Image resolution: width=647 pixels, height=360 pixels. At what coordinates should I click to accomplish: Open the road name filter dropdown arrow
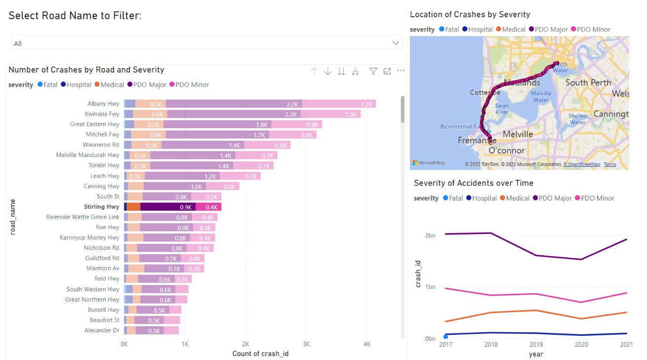coord(395,43)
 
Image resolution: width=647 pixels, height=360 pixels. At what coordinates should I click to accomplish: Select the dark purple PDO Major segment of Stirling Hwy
coord(168,207)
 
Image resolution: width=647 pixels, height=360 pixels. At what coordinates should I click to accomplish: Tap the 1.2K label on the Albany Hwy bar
coord(366,104)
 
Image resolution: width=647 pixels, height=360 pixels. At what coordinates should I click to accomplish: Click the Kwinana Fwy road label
coord(102,114)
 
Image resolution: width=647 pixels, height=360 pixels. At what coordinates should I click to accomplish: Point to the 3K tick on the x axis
coord(306,344)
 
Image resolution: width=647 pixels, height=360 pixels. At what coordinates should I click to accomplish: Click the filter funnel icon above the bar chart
coord(373,72)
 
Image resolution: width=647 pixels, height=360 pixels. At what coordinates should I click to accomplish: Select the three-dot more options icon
coord(401,71)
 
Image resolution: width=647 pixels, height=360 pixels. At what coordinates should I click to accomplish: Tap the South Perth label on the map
coord(588,82)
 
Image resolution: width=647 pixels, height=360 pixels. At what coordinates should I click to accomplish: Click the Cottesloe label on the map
coord(485,93)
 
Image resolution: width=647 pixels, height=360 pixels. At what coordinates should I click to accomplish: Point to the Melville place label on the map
coord(518,134)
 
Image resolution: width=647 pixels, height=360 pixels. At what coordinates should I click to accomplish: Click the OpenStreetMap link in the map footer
coord(583,164)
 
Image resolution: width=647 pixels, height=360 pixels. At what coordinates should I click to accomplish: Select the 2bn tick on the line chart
coord(430,236)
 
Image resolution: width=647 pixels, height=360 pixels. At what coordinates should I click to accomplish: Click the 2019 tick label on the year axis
coord(535,344)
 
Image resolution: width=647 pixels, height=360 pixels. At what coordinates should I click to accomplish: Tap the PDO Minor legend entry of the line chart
coord(597,198)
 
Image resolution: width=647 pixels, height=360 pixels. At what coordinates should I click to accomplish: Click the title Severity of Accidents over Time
coord(473,183)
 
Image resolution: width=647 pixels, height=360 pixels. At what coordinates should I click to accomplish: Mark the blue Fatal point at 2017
coord(445,337)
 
